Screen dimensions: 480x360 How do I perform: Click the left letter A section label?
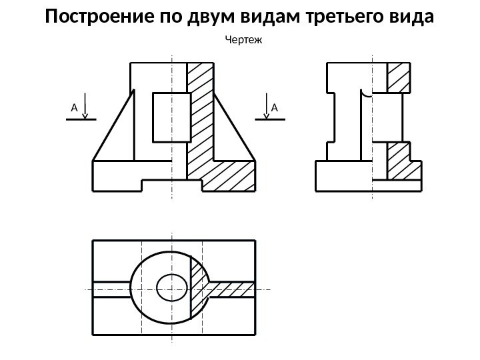[x=74, y=107]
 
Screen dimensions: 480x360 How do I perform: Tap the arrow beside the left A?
[x=85, y=109]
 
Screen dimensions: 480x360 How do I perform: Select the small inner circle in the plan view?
[x=171, y=288]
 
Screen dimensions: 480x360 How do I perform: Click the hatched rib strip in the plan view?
[x=233, y=289]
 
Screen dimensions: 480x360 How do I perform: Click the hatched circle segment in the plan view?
[x=199, y=288]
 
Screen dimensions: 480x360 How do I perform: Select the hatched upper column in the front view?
[x=199, y=113]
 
